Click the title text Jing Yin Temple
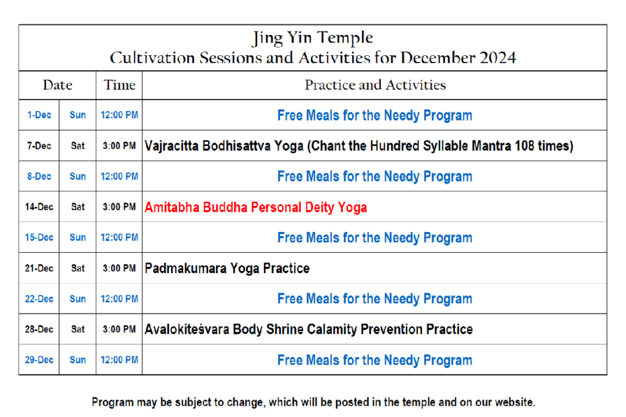tap(313, 38)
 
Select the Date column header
tap(57, 85)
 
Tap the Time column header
tap(119, 85)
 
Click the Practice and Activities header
tap(376, 85)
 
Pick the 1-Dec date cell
tap(39, 115)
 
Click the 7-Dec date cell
tap(39, 146)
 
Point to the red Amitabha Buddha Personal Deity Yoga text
tap(256, 208)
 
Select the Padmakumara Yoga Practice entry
tap(227, 268)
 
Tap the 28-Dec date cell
tap(39, 329)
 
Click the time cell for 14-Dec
tap(119, 206)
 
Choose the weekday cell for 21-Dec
tap(78, 268)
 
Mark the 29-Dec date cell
tap(39, 360)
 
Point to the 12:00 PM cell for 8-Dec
tap(119, 176)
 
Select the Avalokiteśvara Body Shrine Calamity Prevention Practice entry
tap(308, 329)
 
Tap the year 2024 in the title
tap(497, 58)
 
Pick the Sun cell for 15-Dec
tap(78, 237)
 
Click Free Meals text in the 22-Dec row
tap(308, 299)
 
